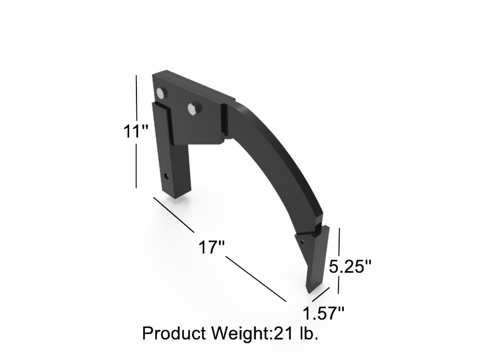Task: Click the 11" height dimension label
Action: [x=135, y=131]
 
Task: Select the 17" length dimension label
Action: [x=211, y=248]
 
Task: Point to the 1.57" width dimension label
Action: [x=323, y=313]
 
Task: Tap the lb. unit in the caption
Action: [x=308, y=333]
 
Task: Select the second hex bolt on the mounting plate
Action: [x=194, y=108]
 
